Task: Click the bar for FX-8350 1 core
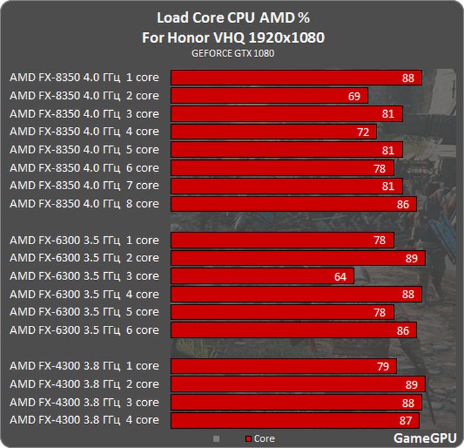(296, 78)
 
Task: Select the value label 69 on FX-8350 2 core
(354, 96)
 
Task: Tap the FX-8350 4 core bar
(273, 132)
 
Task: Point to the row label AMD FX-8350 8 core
(84, 204)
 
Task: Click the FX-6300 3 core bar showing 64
(262, 276)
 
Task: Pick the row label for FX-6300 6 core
(84, 330)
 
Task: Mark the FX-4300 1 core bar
(283, 366)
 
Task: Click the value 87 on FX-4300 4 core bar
(405, 420)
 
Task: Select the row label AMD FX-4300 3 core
(84, 402)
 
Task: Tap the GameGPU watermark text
(425, 437)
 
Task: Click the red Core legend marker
(249, 439)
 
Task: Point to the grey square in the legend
(215, 438)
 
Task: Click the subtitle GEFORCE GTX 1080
(233, 53)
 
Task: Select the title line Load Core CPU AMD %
(233, 18)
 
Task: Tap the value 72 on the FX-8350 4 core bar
(363, 132)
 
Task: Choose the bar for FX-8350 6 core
(282, 168)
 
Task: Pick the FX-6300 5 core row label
(84, 312)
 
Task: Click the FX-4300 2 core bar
(298, 384)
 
